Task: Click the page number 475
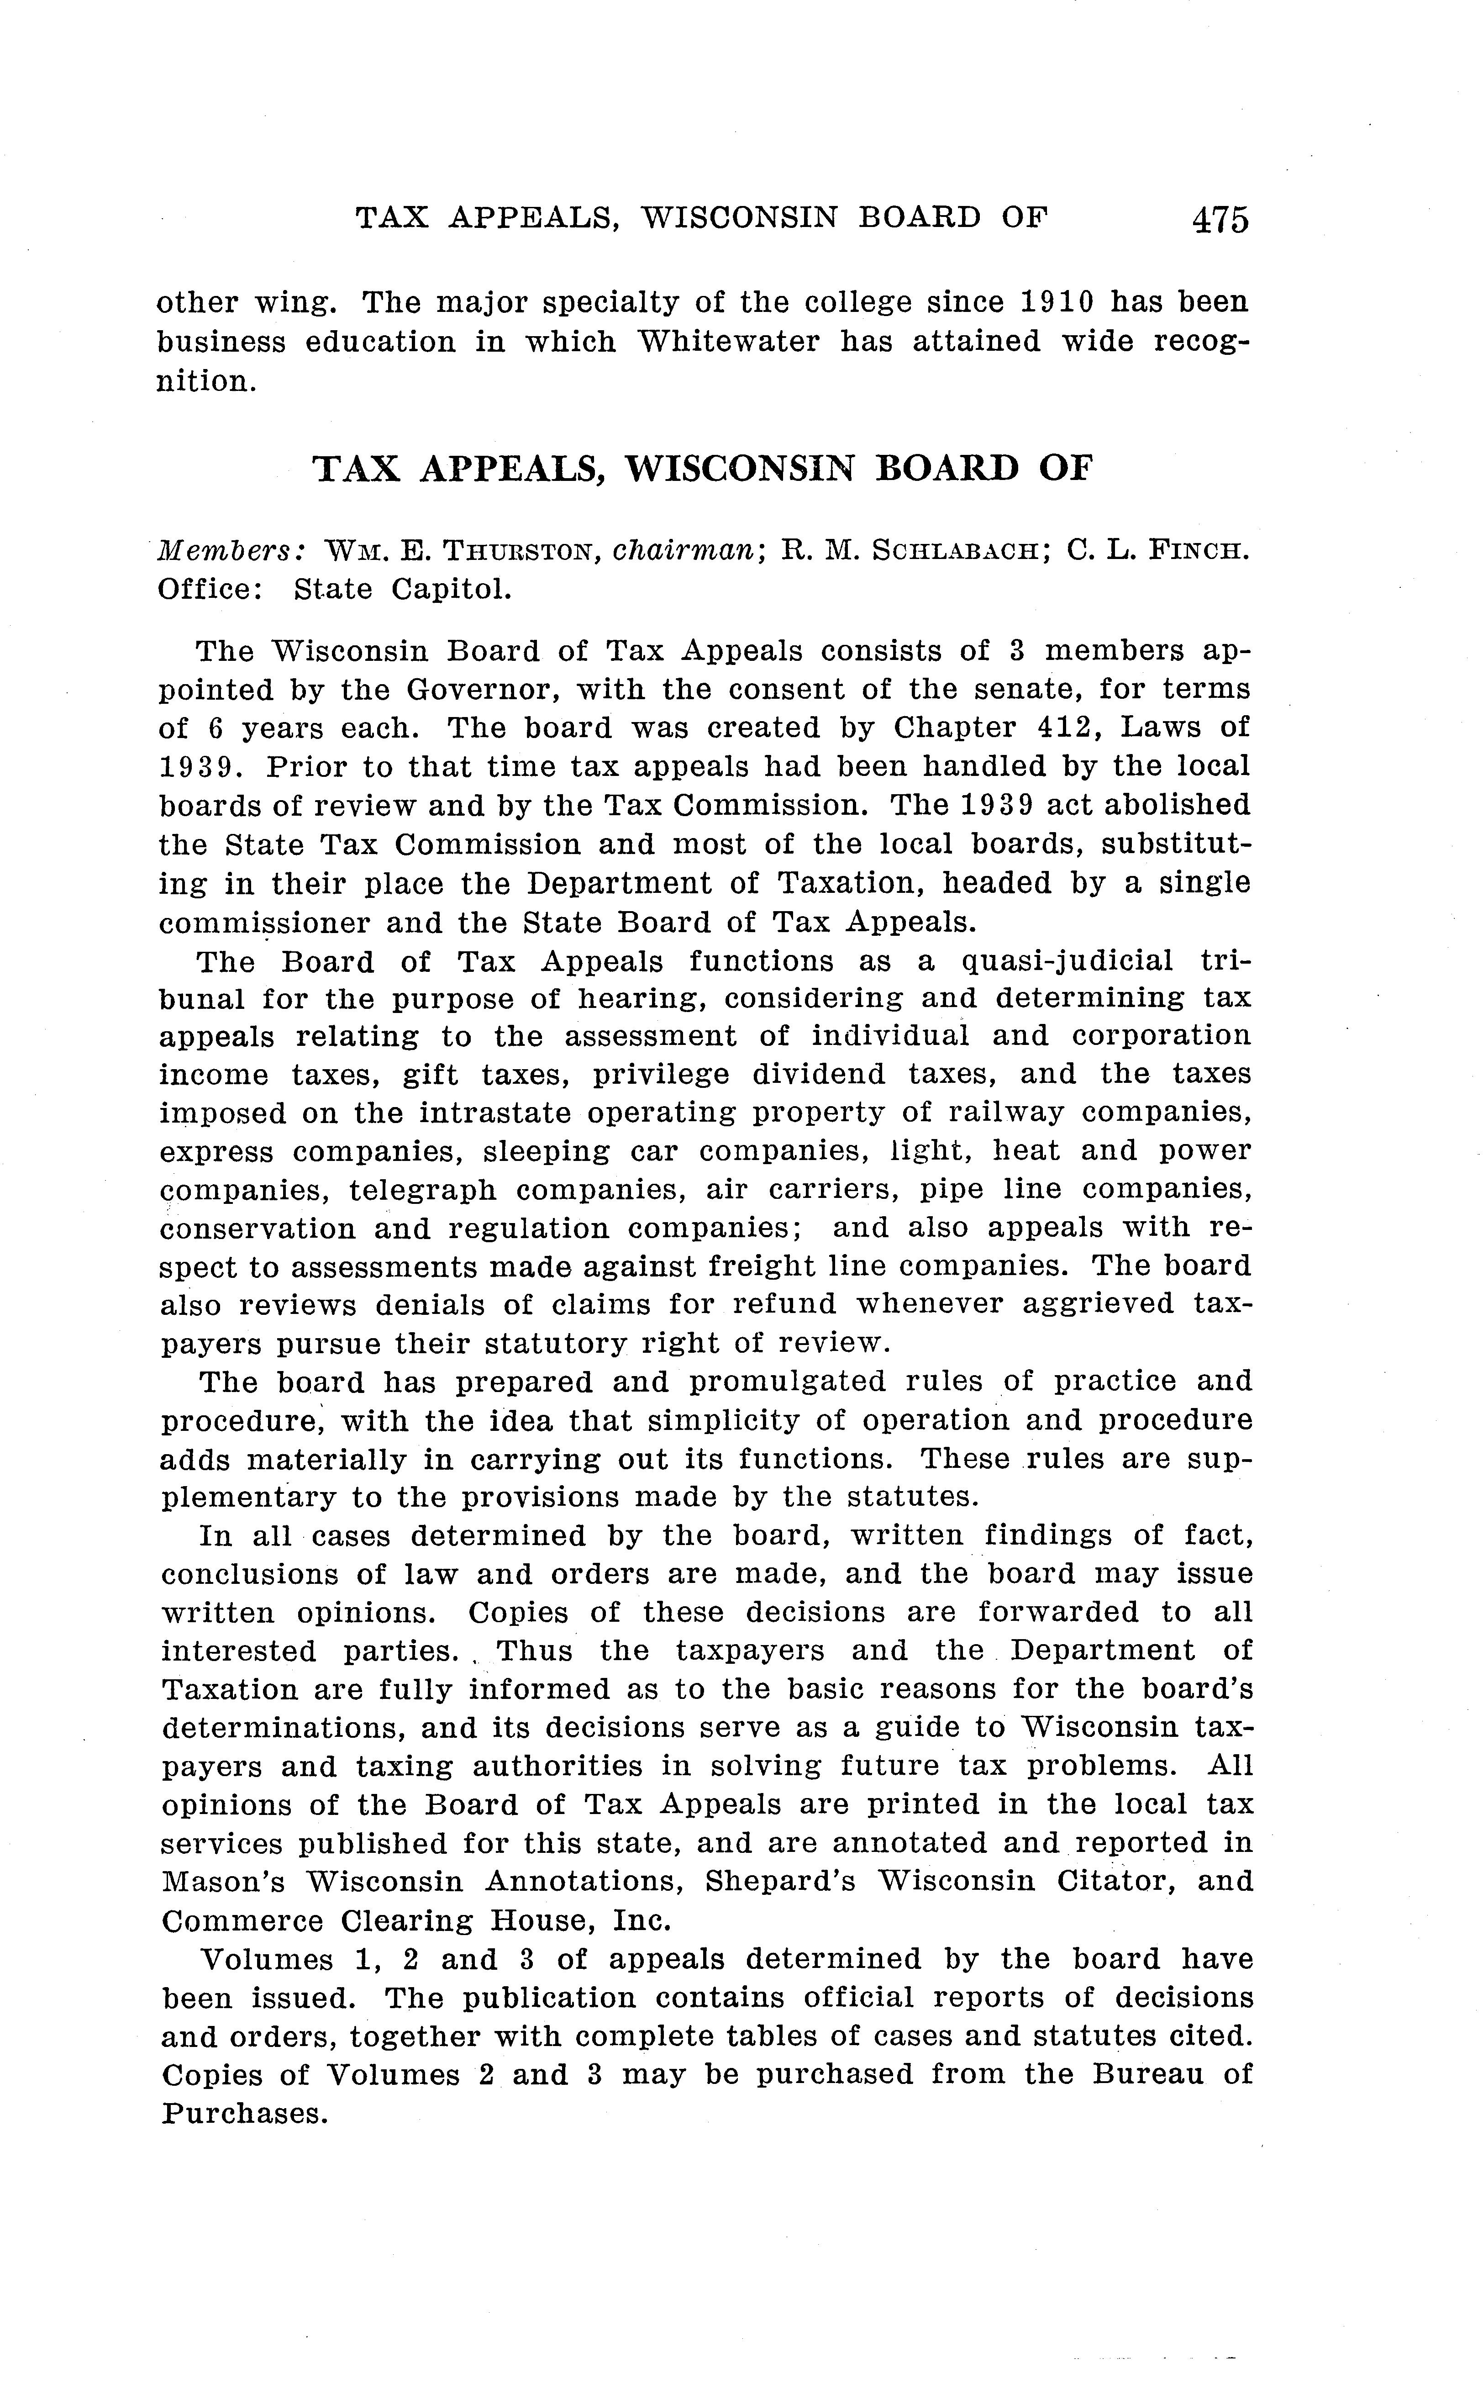1220,219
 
